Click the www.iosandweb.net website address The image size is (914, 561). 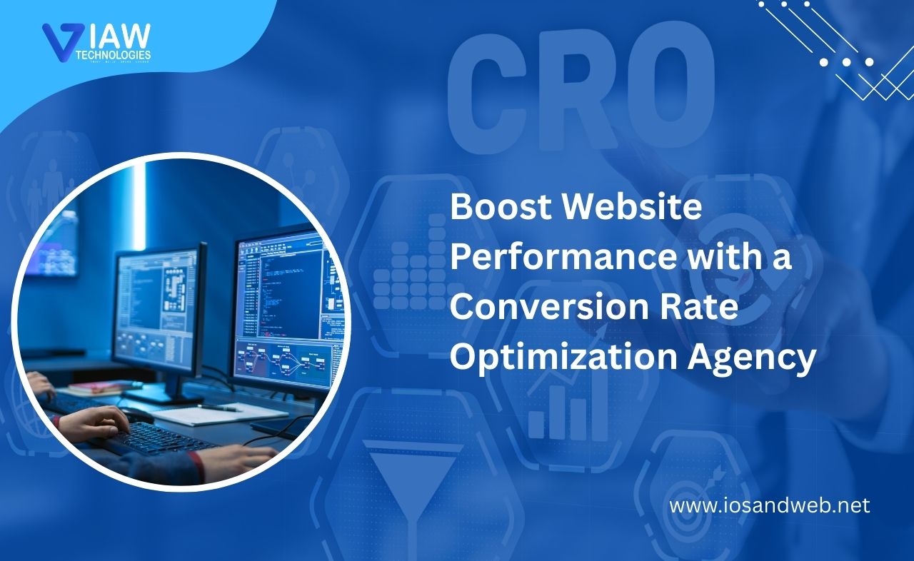(x=770, y=506)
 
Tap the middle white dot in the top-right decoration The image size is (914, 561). (x=845, y=63)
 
